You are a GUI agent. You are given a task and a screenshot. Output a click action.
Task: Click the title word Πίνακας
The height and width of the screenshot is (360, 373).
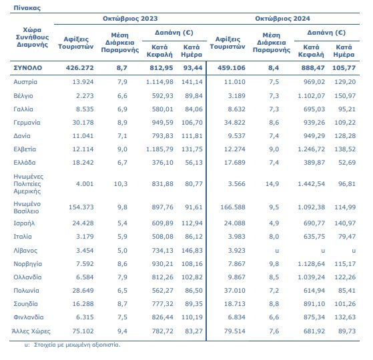pos(27,8)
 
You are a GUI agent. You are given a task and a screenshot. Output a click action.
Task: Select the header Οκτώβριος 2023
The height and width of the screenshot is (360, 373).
pos(130,19)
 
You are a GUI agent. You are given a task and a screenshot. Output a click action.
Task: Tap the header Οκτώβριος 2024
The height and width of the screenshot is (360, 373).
pos(282,19)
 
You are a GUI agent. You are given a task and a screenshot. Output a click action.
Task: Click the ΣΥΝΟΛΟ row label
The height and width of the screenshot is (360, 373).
pos(27,68)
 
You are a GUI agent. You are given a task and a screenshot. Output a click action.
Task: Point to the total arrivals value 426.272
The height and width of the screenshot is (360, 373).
pos(79,68)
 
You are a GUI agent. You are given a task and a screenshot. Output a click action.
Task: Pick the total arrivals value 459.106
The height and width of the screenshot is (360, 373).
pos(232,68)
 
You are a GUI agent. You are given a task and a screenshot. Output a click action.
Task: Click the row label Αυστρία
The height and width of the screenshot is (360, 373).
pos(25,82)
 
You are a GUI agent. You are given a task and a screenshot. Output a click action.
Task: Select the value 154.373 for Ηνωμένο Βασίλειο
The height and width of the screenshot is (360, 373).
pos(81,207)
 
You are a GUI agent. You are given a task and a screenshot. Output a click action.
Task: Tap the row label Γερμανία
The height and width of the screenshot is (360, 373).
pos(27,123)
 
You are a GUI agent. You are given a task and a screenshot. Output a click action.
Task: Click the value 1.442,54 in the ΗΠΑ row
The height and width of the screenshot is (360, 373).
pos(311,184)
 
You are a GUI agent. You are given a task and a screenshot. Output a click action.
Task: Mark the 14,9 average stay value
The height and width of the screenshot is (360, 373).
pos(272,184)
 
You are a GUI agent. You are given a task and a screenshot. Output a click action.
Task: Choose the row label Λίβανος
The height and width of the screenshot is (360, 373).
pos(25,251)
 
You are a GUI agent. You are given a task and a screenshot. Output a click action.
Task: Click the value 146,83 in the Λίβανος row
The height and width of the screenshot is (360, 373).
pos(192,251)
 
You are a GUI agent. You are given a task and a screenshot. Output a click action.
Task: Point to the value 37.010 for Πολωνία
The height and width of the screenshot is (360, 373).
pos(235,291)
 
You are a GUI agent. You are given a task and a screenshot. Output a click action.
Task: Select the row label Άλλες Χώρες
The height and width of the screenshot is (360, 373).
pos(31,331)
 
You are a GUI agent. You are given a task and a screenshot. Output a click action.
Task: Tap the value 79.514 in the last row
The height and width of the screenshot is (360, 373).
pos(235,331)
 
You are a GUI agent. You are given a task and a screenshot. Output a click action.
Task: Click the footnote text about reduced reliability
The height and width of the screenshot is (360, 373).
pos(72,345)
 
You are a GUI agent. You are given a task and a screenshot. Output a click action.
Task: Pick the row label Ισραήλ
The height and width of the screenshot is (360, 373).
pos(24,223)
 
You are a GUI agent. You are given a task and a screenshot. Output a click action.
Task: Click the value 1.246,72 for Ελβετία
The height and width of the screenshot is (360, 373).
pos(311,149)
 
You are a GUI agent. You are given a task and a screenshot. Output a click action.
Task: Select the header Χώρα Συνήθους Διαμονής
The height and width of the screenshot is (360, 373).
pos(32,37)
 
